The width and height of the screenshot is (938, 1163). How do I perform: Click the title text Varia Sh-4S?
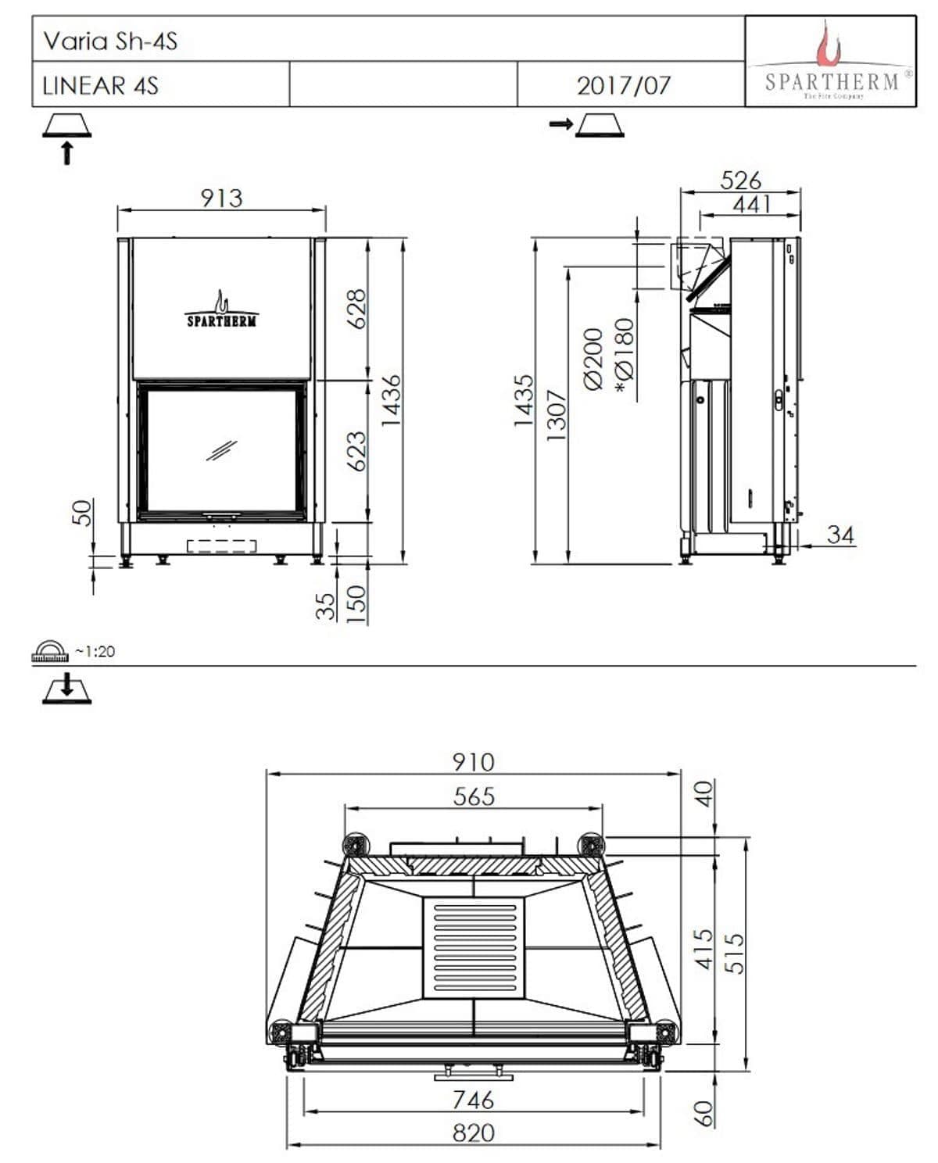(x=110, y=41)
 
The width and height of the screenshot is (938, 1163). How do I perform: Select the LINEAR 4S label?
(x=101, y=86)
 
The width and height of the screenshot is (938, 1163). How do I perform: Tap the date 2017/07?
(x=623, y=86)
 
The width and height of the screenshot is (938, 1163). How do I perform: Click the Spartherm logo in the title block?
(x=830, y=60)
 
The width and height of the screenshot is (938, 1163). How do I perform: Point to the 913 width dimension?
(x=222, y=199)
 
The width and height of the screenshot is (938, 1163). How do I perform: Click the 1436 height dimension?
(x=392, y=400)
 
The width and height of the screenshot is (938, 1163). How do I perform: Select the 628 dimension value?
(x=356, y=309)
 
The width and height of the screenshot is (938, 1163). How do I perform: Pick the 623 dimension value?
(x=356, y=451)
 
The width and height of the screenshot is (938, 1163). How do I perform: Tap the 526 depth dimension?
(x=740, y=181)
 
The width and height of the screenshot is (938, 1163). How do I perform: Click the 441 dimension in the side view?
(x=751, y=205)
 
